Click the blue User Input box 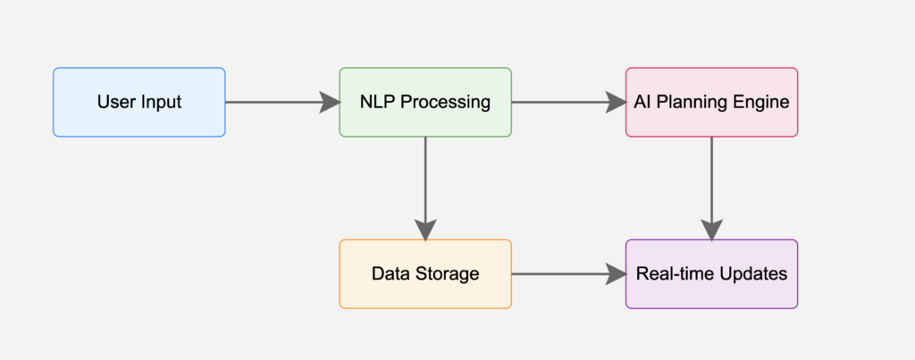click(x=139, y=102)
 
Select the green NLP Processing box click(x=425, y=102)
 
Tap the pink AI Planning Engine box click(x=711, y=102)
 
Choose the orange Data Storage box click(x=425, y=273)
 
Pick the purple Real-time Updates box click(x=711, y=273)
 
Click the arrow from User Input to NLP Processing click(x=282, y=102)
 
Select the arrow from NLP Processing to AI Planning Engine click(x=569, y=102)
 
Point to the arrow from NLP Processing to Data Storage click(x=425, y=188)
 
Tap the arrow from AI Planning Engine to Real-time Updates click(x=711, y=188)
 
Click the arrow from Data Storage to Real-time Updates click(x=569, y=273)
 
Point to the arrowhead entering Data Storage click(x=425, y=230)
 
